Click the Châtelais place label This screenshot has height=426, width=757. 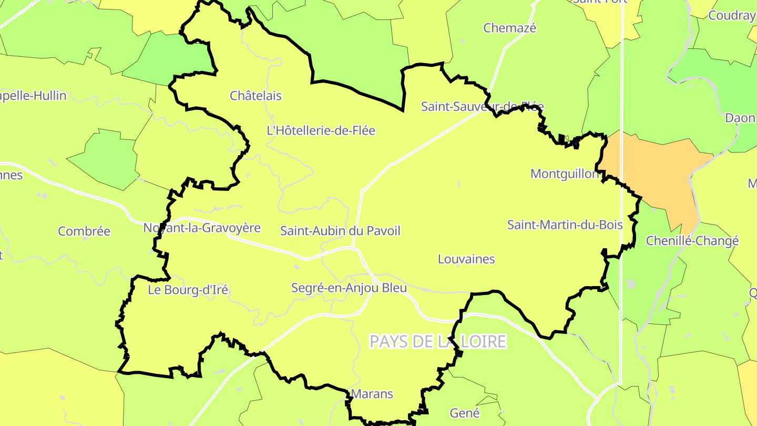(256, 96)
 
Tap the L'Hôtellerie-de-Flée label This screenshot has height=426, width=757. (321, 130)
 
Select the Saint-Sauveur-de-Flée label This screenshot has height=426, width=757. (482, 107)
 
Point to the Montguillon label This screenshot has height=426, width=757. (565, 174)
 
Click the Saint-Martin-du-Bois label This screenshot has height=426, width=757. (565, 225)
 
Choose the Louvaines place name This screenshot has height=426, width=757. (466, 259)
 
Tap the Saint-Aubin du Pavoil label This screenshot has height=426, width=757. (340, 230)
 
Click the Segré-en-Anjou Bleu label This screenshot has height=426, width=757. (349, 288)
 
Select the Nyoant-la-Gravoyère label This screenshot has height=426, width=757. (202, 228)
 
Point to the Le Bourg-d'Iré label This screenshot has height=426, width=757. (188, 290)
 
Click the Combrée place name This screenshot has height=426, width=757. (84, 231)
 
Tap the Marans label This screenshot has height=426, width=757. (372, 393)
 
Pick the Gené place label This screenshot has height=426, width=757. (465, 413)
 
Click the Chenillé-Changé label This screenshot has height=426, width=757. (692, 241)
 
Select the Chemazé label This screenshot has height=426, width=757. (510, 28)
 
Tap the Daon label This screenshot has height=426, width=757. (740, 118)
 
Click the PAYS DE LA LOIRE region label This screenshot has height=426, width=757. (437, 341)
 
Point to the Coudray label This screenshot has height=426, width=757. (732, 15)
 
